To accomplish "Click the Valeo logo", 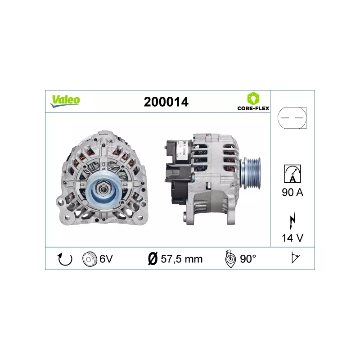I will (65, 101).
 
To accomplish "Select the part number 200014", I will (166, 102).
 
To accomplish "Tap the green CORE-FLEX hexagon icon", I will (253, 98).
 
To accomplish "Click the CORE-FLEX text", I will (253, 108).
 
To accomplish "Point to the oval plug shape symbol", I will (292, 118).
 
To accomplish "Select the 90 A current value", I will (292, 193).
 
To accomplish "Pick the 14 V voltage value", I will (292, 238).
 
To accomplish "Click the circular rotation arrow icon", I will (65, 259).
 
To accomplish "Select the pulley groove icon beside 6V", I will (90, 259).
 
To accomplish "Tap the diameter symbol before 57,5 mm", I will (152, 259).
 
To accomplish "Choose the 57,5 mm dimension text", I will (182, 259).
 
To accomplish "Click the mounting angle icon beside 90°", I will (229, 259).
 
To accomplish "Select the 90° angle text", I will (247, 259).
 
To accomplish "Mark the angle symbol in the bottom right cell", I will (295, 258).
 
